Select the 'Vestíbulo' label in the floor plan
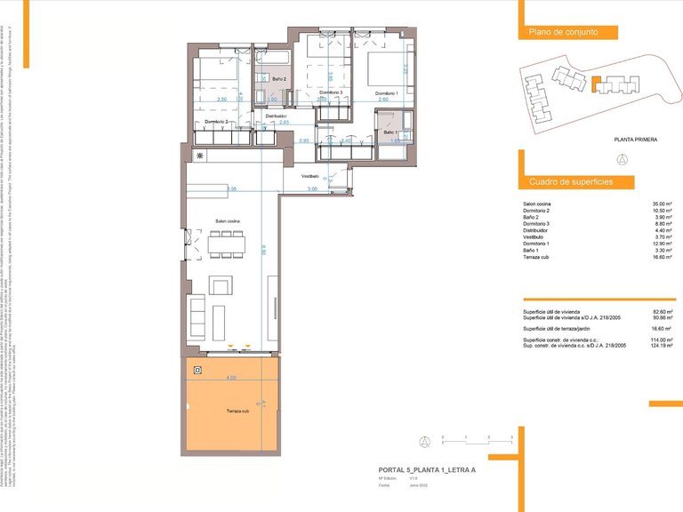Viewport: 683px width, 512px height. (309, 177)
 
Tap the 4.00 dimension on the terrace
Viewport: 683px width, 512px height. (231, 378)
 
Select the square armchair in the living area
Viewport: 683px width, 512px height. (221, 284)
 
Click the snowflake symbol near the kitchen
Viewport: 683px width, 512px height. (201, 157)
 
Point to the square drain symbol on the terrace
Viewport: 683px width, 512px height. (198, 371)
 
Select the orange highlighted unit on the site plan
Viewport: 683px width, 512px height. (598, 85)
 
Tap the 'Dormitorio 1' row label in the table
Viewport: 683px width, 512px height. (540, 244)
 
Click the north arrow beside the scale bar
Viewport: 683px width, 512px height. (425, 441)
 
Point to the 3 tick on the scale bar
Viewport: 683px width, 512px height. (511, 436)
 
